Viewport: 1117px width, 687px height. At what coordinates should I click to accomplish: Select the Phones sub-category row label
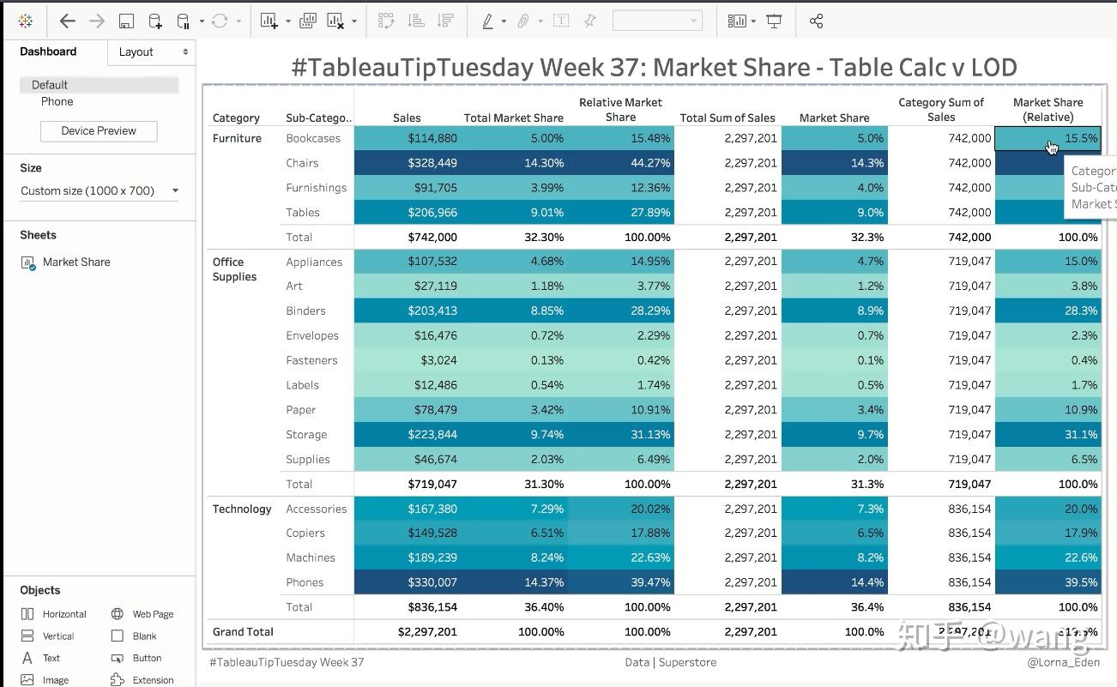[305, 582]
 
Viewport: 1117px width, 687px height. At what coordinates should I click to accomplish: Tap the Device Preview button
[99, 131]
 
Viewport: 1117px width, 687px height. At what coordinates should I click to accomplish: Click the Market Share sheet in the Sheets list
[76, 262]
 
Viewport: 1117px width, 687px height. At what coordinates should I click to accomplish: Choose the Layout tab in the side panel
[151, 52]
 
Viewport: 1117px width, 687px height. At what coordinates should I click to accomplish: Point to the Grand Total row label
[243, 632]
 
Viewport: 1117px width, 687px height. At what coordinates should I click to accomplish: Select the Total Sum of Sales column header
[727, 118]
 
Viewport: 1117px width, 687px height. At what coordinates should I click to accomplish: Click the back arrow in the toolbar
[68, 21]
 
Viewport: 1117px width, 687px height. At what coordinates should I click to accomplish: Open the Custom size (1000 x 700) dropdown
[100, 191]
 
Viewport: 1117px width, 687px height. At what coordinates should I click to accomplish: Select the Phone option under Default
[57, 102]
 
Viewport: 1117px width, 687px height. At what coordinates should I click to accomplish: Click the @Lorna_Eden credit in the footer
[1063, 662]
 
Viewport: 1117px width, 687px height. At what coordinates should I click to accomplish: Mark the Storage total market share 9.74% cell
[514, 435]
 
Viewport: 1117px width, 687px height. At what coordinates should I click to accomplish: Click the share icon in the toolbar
[816, 21]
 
